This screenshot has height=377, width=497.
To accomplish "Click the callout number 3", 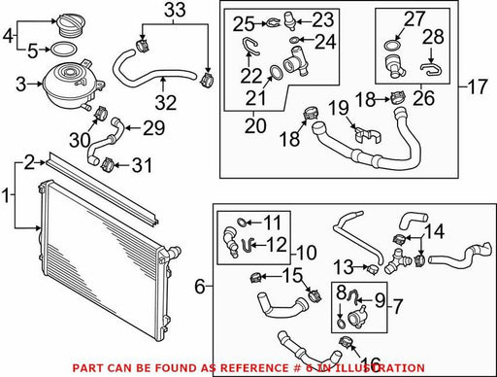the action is pos(20,85).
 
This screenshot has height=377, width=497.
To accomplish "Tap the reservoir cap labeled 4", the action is pos(68,23).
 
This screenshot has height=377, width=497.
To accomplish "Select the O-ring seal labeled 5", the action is pos(63,50).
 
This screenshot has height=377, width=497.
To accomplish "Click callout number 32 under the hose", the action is pos(166,102).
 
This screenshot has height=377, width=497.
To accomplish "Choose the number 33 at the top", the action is pos(175,10).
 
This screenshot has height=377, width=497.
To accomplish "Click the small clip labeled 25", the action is pos(273,23).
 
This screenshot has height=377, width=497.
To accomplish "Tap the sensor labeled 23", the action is pos(289,21).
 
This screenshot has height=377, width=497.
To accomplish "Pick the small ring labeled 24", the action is pos(294,40).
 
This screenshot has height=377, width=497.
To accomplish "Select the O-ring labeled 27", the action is pos(392,45).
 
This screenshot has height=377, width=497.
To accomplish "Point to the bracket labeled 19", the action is pos(368,135).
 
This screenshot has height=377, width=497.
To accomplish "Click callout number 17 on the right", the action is pos(477,86).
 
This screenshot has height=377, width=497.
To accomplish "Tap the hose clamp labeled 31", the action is pos(108,164).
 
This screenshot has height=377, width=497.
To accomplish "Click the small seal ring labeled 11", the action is pos(241,222).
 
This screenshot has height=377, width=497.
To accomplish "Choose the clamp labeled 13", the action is pos(373,268).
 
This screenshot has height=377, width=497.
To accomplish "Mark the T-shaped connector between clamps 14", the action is pos(397,261).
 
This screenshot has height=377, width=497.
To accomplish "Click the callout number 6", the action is pos(200,287).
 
